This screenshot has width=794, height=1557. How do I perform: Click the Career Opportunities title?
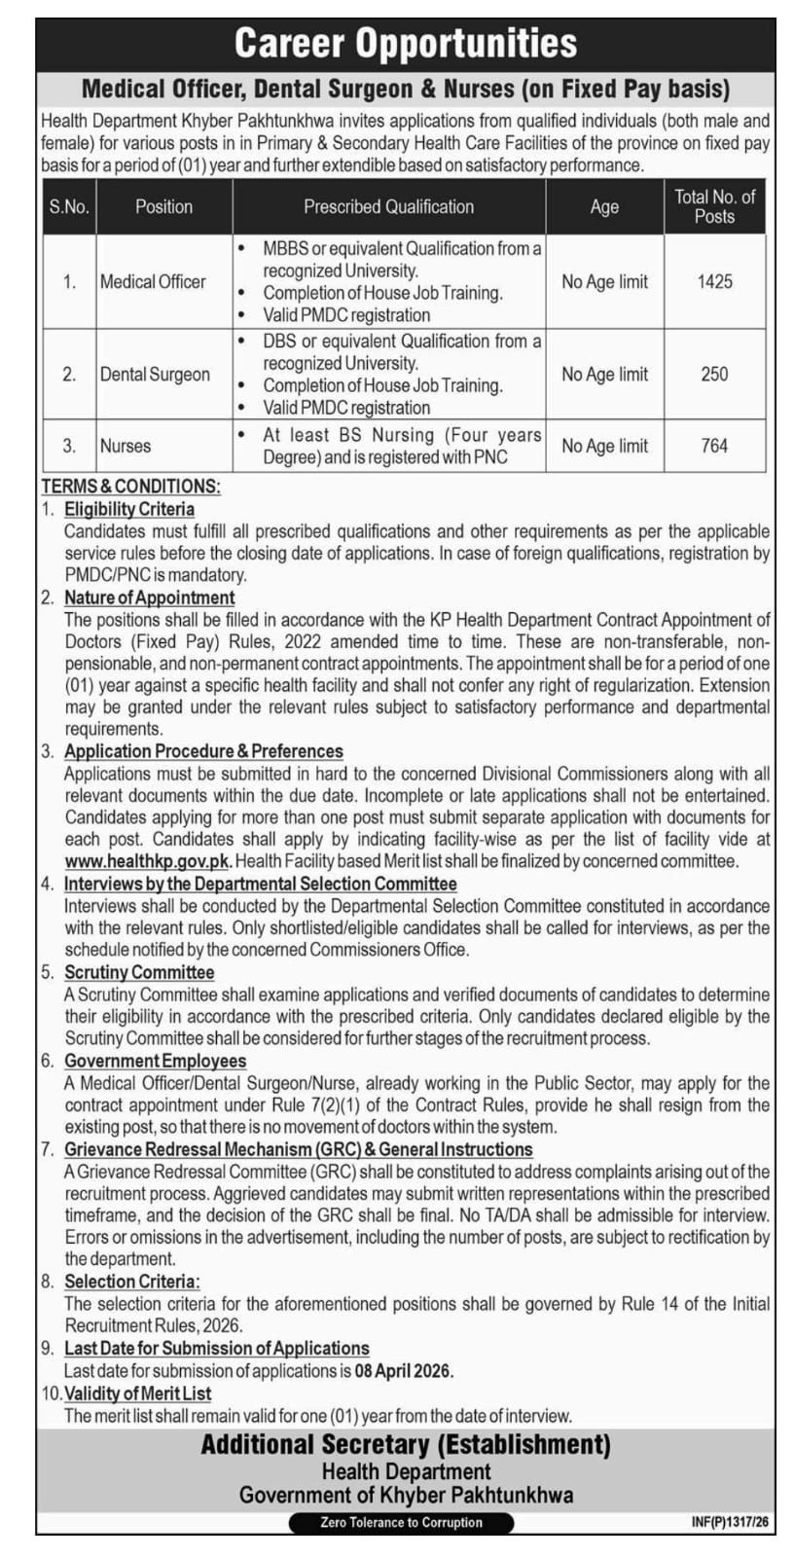click(x=406, y=44)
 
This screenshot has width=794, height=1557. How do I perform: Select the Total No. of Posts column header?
click(x=714, y=206)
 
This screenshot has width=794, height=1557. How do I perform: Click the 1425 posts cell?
click(x=714, y=281)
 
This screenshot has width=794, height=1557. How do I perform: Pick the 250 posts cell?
click(x=714, y=374)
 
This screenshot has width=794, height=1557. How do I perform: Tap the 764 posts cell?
click(x=714, y=446)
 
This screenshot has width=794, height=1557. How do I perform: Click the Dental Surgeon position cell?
click(x=155, y=375)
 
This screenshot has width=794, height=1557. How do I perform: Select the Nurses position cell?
click(x=126, y=446)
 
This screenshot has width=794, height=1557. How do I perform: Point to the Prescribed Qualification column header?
click(x=388, y=206)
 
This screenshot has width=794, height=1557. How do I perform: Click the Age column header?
click(x=604, y=206)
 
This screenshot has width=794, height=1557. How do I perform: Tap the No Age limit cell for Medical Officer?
click(x=604, y=281)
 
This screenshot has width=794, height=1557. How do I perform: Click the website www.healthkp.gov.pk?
click(x=148, y=861)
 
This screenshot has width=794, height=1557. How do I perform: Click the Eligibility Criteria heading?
click(x=129, y=509)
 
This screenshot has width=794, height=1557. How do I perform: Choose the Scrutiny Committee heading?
click(x=139, y=972)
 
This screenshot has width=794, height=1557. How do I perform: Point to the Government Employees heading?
click(x=155, y=1061)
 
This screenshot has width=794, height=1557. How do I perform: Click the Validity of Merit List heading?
click(x=137, y=1394)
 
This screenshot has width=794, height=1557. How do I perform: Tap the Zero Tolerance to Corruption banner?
click(x=401, y=1522)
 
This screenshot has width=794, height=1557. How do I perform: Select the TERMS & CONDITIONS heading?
click(x=130, y=487)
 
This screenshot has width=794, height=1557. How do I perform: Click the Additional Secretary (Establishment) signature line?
click(x=406, y=1445)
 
